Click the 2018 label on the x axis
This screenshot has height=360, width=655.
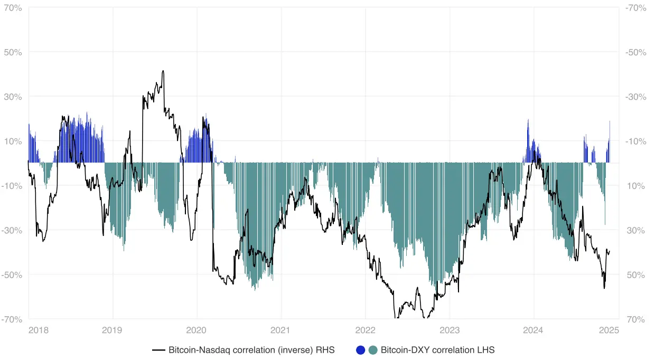(39, 330)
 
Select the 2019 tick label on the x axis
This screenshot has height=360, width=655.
(111, 330)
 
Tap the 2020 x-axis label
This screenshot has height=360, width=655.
(196, 330)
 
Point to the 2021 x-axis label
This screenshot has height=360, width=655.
(280, 330)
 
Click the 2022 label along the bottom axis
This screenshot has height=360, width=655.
(365, 330)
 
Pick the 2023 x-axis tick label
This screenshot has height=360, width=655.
(450, 330)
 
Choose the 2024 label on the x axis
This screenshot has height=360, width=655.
(533, 330)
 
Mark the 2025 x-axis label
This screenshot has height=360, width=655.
(609, 330)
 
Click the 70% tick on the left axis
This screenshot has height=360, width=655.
(13, 8)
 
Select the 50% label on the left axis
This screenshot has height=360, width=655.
(13, 52)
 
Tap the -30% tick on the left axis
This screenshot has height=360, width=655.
(12, 231)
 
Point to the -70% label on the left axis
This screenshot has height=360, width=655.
(12, 319)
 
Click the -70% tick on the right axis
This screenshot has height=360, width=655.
(635, 8)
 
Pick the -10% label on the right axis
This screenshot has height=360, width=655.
(635, 141)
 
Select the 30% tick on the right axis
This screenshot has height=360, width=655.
(635, 231)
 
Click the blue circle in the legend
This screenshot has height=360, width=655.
(361, 350)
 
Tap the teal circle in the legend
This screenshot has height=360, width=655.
(373, 350)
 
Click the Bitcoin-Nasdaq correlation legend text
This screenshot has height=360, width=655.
(251, 350)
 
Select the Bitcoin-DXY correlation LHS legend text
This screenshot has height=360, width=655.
(437, 350)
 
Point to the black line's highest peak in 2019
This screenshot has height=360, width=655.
(163, 71)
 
